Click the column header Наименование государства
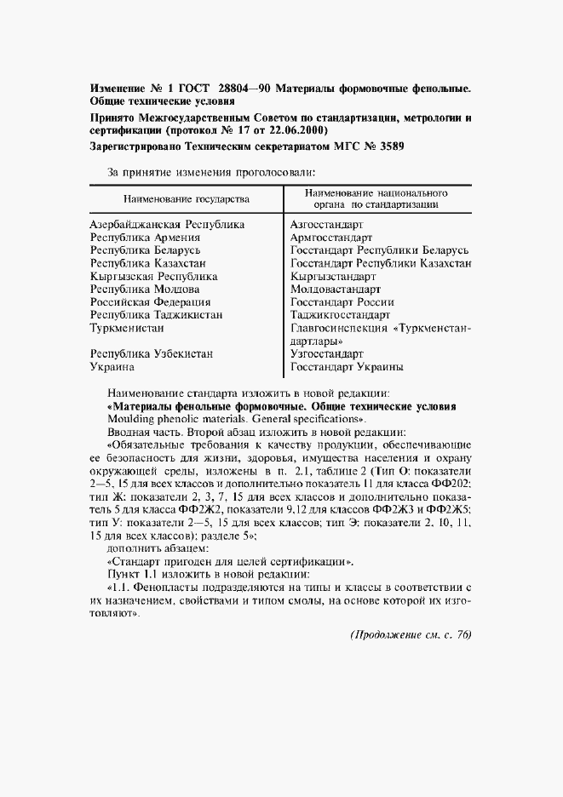(x=187, y=198)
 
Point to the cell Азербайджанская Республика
(x=168, y=225)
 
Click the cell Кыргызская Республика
(x=153, y=276)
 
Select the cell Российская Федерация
(x=151, y=301)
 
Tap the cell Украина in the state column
(x=112, y=368)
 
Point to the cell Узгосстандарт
(x=327, y=353)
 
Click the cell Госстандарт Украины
(x=347, y=368)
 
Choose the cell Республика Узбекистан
(x=152, y=353)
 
